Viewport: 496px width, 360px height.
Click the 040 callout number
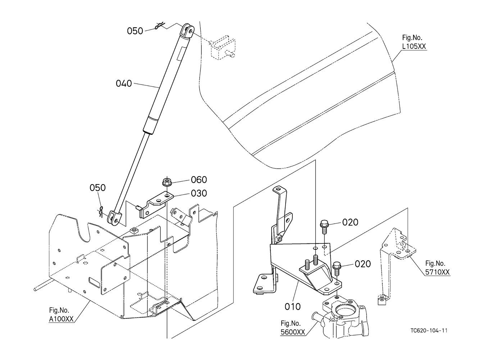click(x=124, y=83)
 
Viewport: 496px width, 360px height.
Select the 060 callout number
click(x=199, y=179)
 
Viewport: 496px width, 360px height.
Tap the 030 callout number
click(x=199, y=193)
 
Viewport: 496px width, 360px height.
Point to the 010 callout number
click(x=292, y=307)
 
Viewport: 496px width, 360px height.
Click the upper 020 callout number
click(x=350, y=222)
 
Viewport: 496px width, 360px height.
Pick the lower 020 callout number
click(x=363, y=264)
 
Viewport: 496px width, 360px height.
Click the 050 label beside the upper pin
click(x=135, y=31)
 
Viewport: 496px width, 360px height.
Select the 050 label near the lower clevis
click(x=97, y=188)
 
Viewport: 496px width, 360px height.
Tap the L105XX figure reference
click(x=414, y=46)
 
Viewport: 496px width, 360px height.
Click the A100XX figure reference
click(x=61, y=319)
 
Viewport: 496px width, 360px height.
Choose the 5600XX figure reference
click(x=293, y=332)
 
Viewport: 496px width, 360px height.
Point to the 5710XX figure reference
click(x=437, y=272)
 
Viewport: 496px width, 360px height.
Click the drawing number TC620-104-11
click(x=429, y=331)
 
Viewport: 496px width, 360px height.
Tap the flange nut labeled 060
click(x=167, y=182)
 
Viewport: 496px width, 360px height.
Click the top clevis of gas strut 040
click(x=187, y=31)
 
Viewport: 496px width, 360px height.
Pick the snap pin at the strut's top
click(x=160, y=26)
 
